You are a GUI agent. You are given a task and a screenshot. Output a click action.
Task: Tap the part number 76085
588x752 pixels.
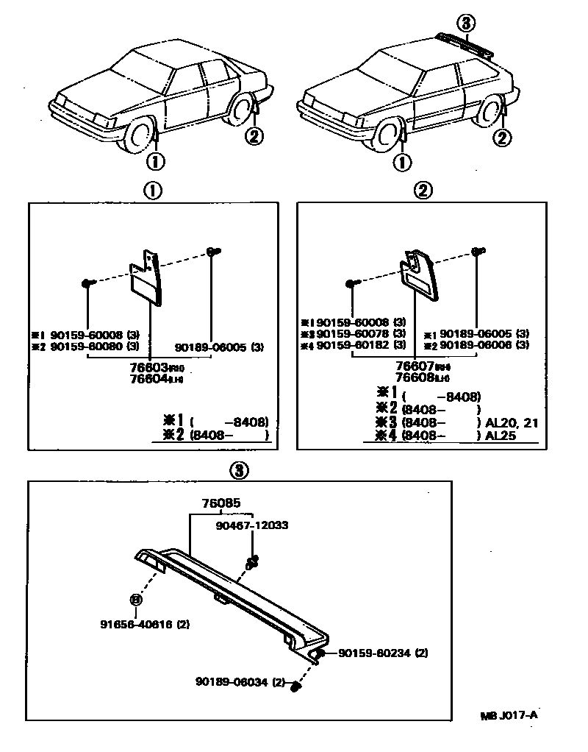tap(221, 504)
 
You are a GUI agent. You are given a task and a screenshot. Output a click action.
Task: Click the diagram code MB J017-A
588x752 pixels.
tap(509, 714)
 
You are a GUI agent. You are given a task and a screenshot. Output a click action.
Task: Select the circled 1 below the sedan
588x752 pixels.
tap(157, 160)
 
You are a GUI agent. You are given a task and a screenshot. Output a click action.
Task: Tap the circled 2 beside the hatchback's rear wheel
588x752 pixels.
tap(502, 136)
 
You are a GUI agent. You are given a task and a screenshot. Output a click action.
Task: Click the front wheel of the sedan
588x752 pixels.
tap(139, 138)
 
